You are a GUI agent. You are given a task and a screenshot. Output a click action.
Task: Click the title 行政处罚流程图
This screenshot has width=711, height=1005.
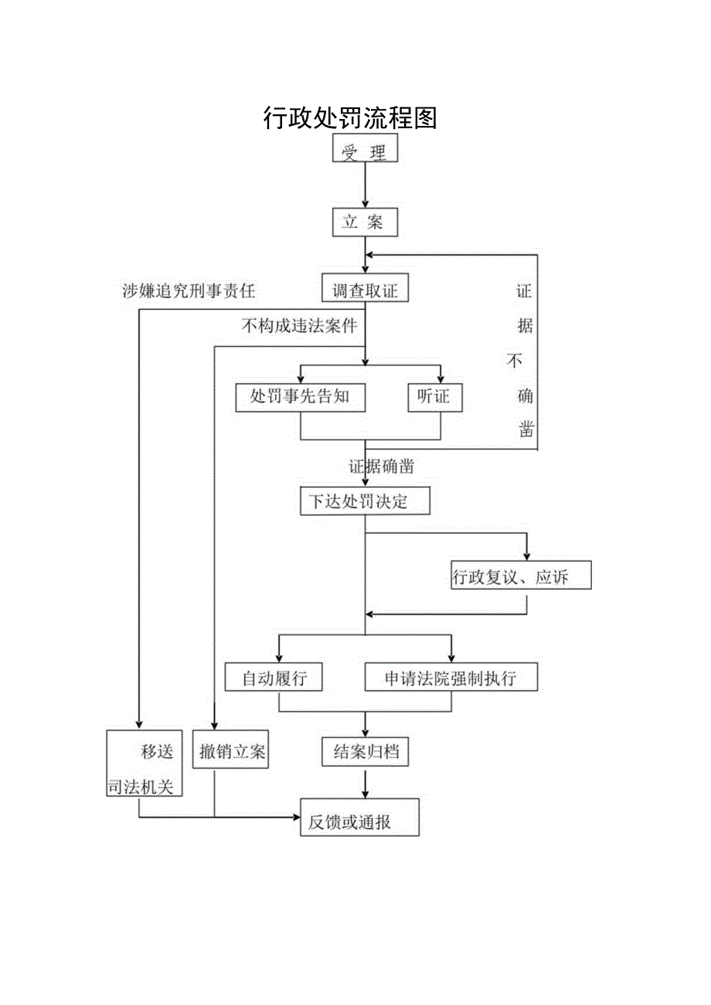pyautogui.click(x=350, y=118)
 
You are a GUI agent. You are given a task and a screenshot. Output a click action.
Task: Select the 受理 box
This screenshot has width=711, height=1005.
pyautogui.click(x=365, y=148)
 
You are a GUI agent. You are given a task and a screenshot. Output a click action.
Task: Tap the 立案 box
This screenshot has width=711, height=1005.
pyautogui.click(x=365, y=222)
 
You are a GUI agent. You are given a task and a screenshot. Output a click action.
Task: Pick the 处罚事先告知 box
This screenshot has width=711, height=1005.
pyautogui.click(x=300, y=396)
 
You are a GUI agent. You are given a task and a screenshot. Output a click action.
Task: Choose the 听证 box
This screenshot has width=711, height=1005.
pyautogui.click(x=434, y=396)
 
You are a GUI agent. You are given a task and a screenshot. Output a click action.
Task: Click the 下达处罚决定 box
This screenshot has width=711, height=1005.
pyautogui.click(x=364, y=501)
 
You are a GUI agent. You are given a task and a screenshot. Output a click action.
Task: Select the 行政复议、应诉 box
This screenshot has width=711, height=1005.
pyautogui.click(x=521, y=575)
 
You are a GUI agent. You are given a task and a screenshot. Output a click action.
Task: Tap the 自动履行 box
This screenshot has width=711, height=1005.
pyautogui.click(x=274, y=677)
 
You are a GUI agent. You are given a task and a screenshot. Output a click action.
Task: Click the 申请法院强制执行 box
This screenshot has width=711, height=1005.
pyautogui.click(x=451, y=677)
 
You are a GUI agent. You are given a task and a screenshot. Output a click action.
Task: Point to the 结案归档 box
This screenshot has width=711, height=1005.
pyautogui.click(x=365, y=751)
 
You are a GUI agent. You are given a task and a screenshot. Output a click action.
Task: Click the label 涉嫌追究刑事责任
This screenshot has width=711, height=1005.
pyautogui.click(x=188, y=290)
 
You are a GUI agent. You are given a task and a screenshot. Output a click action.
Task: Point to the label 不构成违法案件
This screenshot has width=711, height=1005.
pyautogui.click(x=299, y=326)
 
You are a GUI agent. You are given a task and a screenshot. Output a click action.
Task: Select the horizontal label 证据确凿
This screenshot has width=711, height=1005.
pyautogui.click(x=380, y=466)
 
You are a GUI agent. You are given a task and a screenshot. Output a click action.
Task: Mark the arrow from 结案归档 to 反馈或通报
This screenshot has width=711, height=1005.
pyautogui.click(x=365, y=784)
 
